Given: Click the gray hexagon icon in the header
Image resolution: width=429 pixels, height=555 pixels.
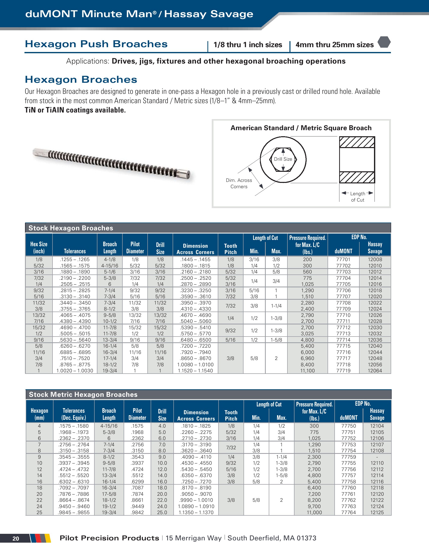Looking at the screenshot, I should [384, 42].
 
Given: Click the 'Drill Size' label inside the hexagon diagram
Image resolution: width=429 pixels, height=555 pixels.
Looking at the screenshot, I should [283, 159].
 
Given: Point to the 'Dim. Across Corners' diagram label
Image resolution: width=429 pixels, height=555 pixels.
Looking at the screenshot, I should [239, 183].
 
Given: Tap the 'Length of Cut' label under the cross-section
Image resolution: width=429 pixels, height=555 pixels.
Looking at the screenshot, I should [357, 197].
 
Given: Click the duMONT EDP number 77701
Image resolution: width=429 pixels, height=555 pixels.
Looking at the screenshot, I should [343, 259].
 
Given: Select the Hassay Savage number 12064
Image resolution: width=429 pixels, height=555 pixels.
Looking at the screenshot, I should [374, 371].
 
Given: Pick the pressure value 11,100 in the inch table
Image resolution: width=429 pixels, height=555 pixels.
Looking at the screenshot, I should [307, 371].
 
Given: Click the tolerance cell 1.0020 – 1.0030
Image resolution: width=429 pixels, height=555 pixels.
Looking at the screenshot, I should [75, 371].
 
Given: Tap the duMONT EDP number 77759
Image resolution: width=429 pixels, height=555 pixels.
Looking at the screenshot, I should [348, 457].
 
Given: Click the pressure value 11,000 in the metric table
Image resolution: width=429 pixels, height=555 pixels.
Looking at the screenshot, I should [314, 513].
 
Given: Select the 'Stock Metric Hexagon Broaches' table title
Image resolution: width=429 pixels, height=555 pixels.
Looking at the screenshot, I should [83, 394].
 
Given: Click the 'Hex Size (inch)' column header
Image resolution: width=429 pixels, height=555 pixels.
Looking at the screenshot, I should [39, 247].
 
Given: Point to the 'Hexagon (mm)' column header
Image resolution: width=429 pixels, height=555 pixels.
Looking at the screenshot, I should [39, 414].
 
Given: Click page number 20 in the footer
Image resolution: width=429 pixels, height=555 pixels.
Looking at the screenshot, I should [16, 539].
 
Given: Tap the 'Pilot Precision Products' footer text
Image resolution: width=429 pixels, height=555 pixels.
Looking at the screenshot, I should [109, 538].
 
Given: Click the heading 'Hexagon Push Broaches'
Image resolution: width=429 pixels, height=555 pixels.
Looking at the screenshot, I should [96, 44].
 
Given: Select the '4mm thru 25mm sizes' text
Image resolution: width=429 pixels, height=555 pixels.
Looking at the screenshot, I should [334, 45].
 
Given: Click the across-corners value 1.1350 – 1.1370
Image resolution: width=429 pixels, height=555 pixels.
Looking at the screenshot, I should [196, 513].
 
